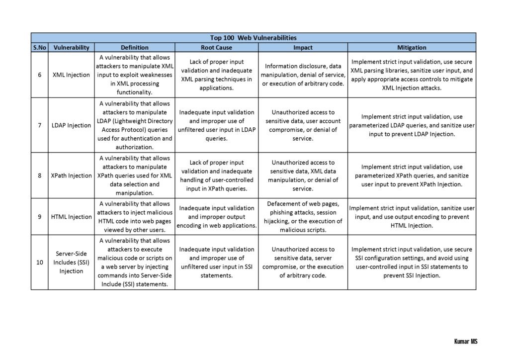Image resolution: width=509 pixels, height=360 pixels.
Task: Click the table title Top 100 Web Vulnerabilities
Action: tap(253, 37)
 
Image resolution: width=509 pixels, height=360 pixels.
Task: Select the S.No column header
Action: tap(39, 48)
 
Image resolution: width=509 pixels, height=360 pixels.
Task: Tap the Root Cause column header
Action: tap(216, 48)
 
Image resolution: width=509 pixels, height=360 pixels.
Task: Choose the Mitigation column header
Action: tap(412, 48)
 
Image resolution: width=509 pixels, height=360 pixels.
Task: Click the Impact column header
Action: tap(303, 48)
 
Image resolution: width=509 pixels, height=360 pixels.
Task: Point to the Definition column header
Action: tap(134, 48)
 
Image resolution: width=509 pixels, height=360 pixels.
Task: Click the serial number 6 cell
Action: tap(39, 75)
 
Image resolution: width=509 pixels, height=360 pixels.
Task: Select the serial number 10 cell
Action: tap(39, 262)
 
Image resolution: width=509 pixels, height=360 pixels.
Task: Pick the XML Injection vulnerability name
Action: tap(71, 75)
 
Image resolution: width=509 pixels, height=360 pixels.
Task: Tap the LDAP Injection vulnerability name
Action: tap(71, 125)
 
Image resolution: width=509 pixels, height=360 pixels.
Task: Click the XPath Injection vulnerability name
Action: tap(71, 176)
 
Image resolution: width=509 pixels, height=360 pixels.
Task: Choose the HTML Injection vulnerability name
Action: tap(71, 217)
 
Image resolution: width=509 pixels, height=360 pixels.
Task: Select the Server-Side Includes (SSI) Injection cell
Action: tap(71, 262)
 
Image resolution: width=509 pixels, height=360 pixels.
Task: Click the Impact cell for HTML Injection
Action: tap(303, 217)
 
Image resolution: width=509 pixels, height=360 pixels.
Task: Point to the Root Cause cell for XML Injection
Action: tap(216, 75)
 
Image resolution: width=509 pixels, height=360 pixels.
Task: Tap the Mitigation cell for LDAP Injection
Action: tap(412, 125)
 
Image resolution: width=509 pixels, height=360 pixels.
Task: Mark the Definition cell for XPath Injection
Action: tap(134, 176)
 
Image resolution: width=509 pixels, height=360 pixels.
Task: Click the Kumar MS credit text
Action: tap(465, 342)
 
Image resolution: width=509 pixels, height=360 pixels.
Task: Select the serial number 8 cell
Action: tap(39, 176)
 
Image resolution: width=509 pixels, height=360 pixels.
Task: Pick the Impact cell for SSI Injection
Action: tap(303, 262)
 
